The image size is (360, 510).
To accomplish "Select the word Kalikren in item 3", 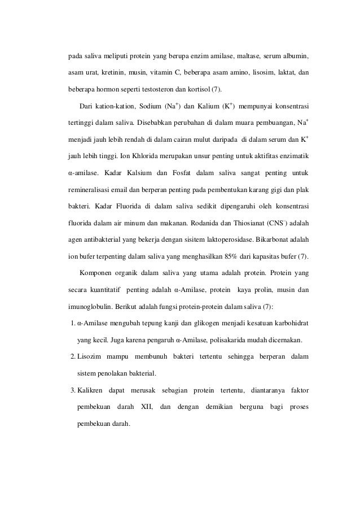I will [x=91, y=390].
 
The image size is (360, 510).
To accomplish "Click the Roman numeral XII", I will [x=146, y=406].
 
